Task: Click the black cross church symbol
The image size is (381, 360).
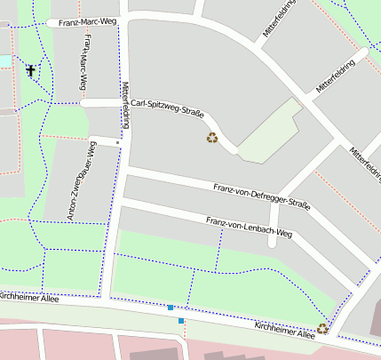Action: coord(32,70)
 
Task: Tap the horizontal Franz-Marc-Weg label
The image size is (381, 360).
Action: coord(87,20)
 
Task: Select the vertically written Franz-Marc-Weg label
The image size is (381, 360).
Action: coord(84,62)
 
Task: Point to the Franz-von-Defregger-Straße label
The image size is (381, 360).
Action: coord(262,196)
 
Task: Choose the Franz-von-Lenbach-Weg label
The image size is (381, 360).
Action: coord(249,227)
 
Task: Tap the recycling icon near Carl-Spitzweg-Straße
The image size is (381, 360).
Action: coord(212,137)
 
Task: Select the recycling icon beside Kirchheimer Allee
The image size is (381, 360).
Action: coord(322,328)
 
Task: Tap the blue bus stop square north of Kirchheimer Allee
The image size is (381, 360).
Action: coord(170,308)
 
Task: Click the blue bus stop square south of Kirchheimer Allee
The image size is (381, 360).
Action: coord(181,320)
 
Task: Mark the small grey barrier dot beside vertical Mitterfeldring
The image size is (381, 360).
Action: coord(117,141)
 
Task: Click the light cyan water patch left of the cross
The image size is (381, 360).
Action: coord(5,60)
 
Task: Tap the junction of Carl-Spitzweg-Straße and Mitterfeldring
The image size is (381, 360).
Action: coord(125,103)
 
